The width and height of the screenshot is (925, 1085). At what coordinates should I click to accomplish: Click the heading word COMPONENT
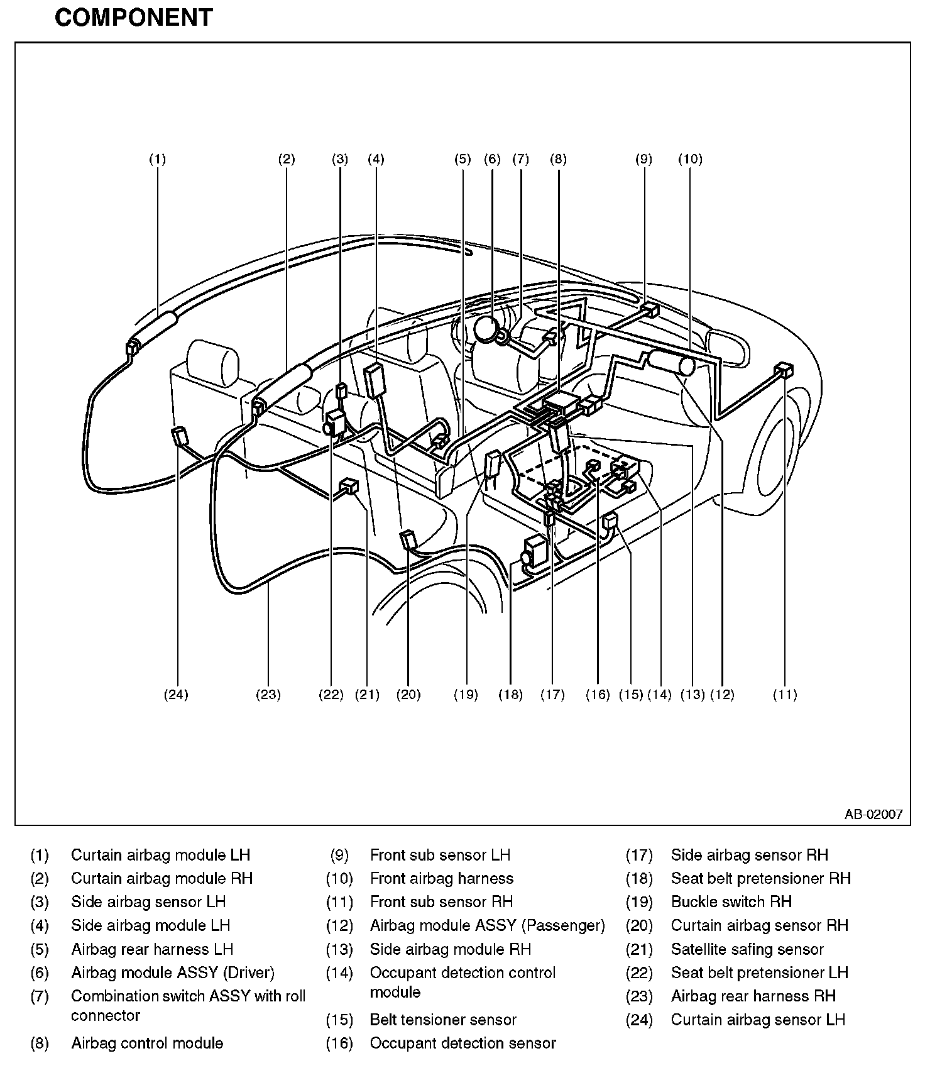[134, 18]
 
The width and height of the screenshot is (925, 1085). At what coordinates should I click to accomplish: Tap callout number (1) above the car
[157, 159]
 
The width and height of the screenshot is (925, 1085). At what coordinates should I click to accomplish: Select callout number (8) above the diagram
[558, 159]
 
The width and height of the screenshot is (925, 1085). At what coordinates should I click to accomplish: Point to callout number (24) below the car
[176, 695]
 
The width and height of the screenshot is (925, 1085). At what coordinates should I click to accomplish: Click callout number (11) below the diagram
[785, 695]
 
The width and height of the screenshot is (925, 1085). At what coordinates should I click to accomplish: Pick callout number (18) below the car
[510, 695]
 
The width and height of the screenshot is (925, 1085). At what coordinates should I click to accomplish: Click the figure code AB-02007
[873, 815]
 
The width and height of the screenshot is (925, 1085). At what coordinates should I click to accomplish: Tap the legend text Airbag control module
[147, 1044]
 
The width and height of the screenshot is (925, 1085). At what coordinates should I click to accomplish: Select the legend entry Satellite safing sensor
[747, 949]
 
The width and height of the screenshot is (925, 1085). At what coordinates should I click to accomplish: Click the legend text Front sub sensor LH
[440, 855]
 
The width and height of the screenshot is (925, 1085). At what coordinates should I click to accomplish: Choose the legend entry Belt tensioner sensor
[443, 1020]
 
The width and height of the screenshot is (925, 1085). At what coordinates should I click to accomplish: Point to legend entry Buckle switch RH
[731, 901]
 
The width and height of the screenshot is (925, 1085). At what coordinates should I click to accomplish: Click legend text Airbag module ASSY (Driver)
[173, 972]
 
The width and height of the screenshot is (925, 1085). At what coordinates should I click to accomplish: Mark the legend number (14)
[339, 973]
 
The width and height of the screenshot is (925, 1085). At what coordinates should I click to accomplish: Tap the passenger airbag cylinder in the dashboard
[671, 363]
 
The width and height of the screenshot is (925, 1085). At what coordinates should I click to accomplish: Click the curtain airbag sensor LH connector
[180, 435]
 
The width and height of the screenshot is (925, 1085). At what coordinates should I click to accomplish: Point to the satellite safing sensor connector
[349, 486]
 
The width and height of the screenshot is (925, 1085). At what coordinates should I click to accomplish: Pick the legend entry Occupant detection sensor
[462, 1044]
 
